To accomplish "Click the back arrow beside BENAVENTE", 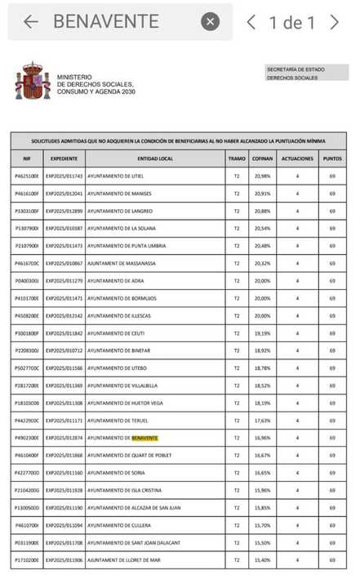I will pyautogui.click(x=31, y=22).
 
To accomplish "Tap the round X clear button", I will pyautogui.click(x=210, y=22).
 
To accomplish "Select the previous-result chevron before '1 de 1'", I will pyautogui.click(x=252, y=22).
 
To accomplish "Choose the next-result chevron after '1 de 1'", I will pyautogui.click(x=334, y=22).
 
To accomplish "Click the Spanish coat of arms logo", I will pyautogui.click(x=33, y=81).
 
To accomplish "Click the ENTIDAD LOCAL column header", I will pyautogui.click(x=155, y=158).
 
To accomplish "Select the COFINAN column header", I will pyautogui.click(x=263, y=158).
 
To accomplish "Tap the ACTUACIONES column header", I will pyautogui.click(x=297, y=158).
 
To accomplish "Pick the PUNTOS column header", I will pyautogui.click(x=332, y=158).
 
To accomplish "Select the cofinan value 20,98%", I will pyautogui.click(x=263, y=176).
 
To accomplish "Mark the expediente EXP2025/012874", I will pyautogui.click(x=64, y=438).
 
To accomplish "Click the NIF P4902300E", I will pyautogui.click(x=27, y=438).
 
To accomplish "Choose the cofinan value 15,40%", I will pyautogui.click(x=263, y=560).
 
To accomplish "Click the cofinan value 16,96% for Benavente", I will pyautogui.click(x=263, y=438).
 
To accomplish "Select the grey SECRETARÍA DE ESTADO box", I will pyautogui.click(x=307, y=73).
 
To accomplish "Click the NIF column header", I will pyautogui.click(x=27, y=158).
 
